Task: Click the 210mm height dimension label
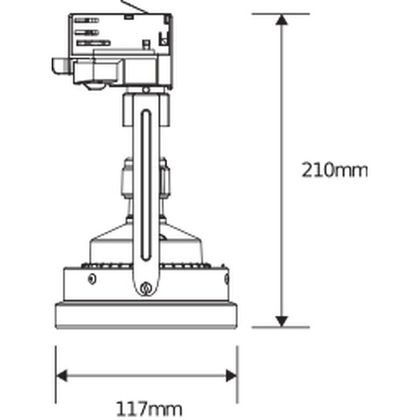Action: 333,170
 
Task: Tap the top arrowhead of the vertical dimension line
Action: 282,19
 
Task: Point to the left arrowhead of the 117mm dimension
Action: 61,375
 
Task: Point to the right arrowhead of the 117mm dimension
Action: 232,375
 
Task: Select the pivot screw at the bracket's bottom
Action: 146,288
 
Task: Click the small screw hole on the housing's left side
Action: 92,278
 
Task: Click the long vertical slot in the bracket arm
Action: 146,184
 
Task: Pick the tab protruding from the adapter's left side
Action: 60,65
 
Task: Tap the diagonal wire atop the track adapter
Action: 134,8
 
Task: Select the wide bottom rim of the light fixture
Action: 146,314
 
